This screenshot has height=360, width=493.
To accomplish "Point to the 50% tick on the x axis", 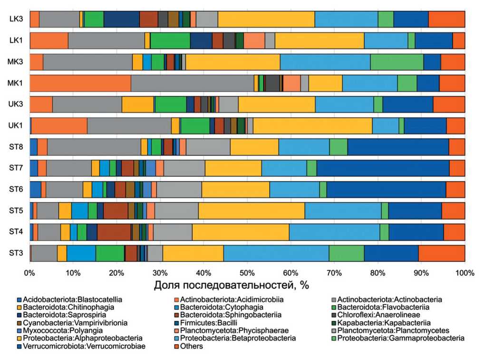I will (247, 273).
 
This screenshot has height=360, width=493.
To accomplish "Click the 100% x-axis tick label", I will (464, 273).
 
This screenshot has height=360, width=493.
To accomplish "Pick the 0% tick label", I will (29, 273).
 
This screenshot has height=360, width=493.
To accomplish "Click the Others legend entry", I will (192, 346).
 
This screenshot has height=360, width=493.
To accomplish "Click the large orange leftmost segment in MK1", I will (80, 83).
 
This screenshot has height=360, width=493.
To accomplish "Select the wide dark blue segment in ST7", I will (383, 168).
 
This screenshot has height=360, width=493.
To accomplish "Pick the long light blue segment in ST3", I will (276, 253).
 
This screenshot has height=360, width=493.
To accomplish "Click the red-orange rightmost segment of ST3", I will (442, 253).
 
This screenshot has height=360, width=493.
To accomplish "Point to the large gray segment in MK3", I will (87, 62).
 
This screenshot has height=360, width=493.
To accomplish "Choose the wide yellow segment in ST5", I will (251, 211).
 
